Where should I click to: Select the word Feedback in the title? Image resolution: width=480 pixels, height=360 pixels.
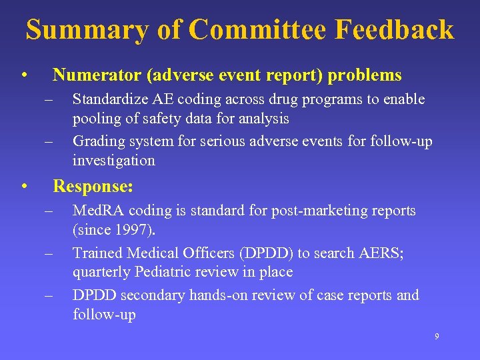395,30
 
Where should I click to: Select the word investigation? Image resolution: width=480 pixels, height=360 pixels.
114,160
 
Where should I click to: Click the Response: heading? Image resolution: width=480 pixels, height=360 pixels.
93,185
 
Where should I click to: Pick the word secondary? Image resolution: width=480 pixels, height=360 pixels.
156,295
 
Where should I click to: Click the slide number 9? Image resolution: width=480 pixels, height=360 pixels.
437,337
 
